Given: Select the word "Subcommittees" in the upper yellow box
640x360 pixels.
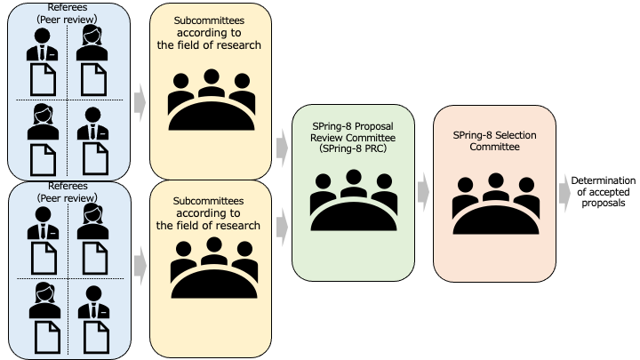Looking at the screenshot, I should pos(210,20).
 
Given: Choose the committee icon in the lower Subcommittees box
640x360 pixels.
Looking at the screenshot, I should pos(211,267).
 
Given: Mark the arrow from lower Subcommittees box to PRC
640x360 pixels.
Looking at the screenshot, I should pos(283,227).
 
